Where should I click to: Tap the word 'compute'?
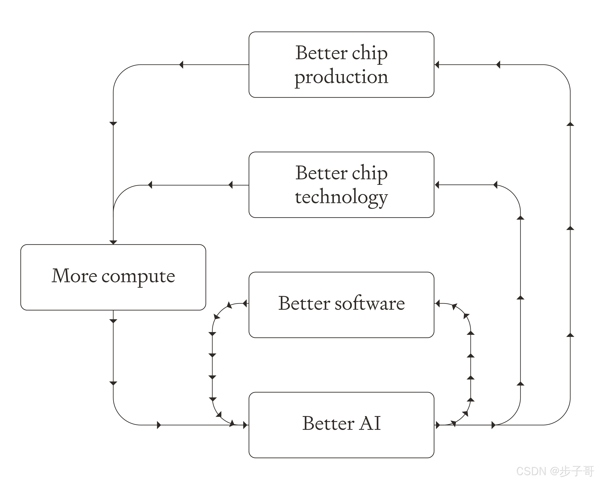(138, 276)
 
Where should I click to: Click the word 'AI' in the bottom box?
(370, 424)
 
